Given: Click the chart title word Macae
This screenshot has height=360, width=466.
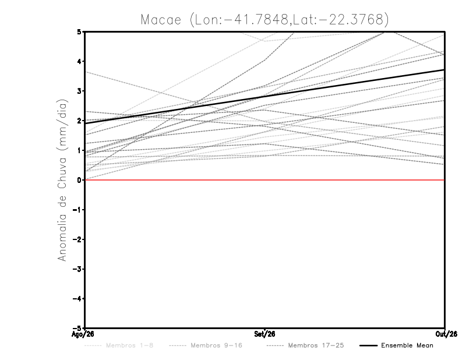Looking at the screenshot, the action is [x=161, y=20].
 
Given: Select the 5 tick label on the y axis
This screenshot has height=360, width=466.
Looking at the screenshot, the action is [x=79, y=31].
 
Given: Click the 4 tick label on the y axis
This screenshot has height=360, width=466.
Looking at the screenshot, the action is [x=79, y=62].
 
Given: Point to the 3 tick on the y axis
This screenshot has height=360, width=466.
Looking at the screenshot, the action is [x=79, y=91].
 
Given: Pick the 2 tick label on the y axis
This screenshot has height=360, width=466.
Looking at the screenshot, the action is [x=79, y=121].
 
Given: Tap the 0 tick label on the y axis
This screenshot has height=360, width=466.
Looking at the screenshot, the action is [x=79, y=180].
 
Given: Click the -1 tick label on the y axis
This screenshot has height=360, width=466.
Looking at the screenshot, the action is [x=77, y=210].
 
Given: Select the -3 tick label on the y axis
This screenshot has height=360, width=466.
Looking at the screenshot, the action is [x=77, y=269].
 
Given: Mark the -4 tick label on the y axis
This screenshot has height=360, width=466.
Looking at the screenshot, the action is [x=77, y=298].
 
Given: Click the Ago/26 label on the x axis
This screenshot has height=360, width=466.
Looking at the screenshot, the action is [x=83, y=334].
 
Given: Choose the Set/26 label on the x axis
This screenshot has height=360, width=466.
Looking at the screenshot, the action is [x=264, y=334].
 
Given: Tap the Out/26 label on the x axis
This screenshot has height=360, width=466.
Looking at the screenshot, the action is [x=446, y=334].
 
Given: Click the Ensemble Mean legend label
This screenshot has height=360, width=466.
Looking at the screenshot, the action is [x=407, y=345].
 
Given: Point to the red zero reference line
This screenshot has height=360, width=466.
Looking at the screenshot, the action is [x=265, y=180].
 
